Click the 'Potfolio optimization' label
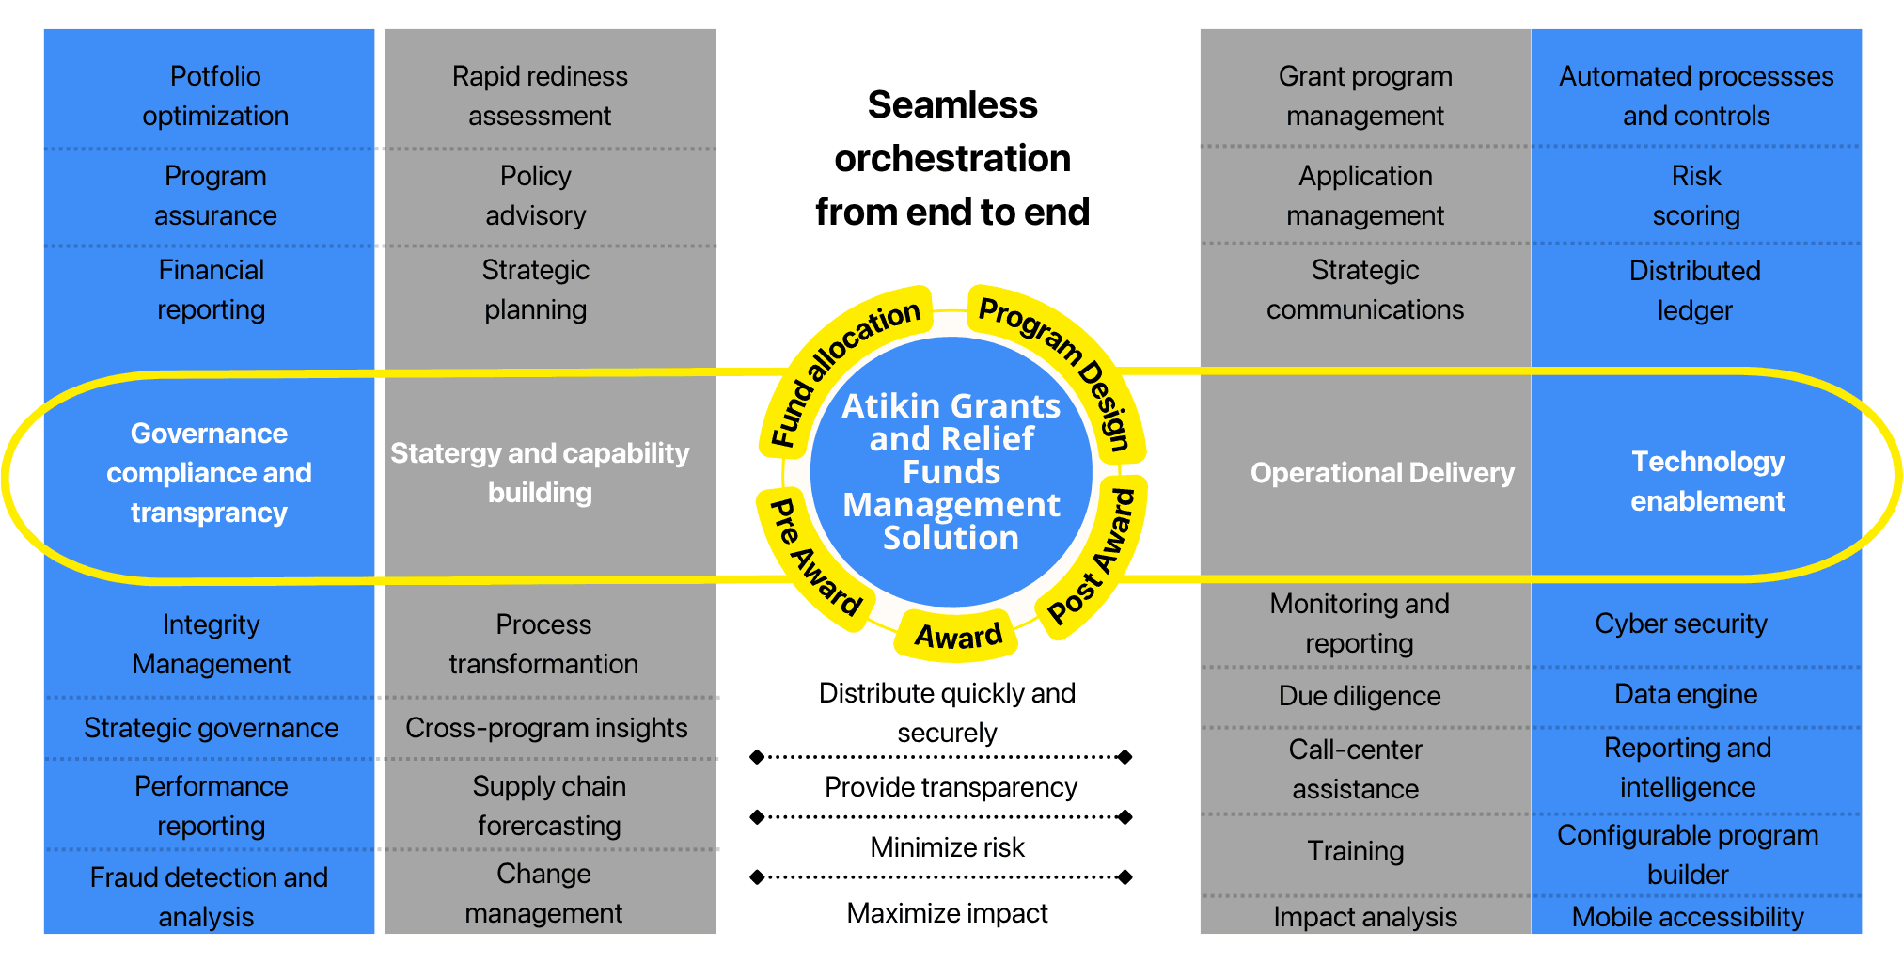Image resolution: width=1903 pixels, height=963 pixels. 215,96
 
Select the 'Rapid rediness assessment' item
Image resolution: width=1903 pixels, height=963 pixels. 540,96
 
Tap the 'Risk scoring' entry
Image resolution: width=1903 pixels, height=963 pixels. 1696,196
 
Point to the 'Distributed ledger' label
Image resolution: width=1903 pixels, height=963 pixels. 1694,290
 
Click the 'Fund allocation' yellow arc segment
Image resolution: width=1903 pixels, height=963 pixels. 841,367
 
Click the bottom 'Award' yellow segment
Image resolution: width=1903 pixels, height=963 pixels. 957,636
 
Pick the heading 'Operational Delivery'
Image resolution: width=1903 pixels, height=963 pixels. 1382,473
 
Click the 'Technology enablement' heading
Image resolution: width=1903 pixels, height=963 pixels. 1707,481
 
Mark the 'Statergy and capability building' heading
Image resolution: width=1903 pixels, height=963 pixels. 540,472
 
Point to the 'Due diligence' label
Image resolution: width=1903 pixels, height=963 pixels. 1360,696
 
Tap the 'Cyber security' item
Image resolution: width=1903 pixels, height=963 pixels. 1681,624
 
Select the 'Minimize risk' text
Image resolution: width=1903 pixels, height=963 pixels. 947,847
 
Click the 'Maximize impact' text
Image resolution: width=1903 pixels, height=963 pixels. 947,913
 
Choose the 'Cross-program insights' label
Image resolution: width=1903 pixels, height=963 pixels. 546,728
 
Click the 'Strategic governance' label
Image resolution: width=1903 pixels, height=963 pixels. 211,728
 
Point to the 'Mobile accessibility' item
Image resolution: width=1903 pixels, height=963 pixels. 1688,917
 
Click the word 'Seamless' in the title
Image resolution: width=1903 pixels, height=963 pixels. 952,105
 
